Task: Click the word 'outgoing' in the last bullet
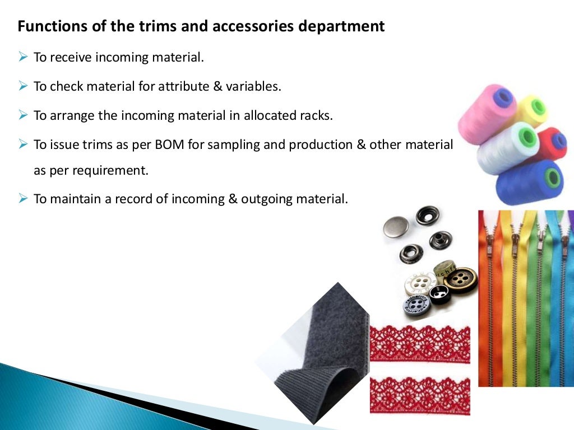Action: (269, 199)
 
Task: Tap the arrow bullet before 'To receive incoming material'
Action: (23, 57)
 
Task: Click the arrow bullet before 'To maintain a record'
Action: (23, 199)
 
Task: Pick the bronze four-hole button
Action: (461, 280)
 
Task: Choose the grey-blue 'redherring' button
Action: (416, 305)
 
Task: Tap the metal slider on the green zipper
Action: (539, 241)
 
